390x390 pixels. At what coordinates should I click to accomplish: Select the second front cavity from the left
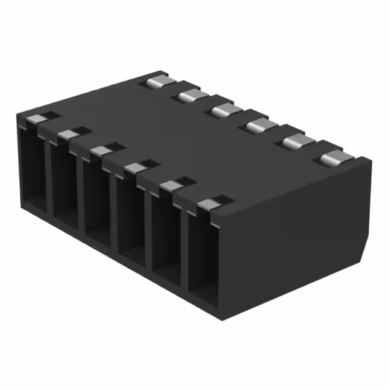click(63, 183)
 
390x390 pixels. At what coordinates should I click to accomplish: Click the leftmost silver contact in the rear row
click(158, 80)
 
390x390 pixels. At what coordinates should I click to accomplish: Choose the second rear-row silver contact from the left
click(190, 95)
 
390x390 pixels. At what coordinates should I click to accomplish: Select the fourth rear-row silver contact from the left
click(260, 126)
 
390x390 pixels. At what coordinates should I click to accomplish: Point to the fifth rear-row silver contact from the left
click(296, 142)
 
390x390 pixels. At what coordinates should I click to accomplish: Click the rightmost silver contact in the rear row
click(333, 159)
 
